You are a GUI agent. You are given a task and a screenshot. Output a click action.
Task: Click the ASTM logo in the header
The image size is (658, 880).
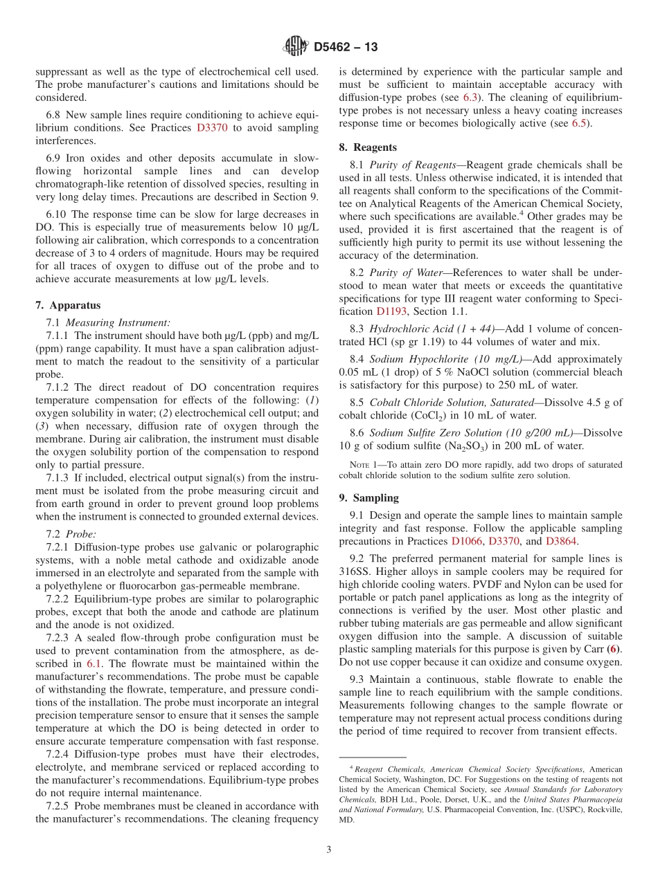coord(296,47)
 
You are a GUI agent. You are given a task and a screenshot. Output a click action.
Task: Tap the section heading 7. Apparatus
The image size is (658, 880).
coord(68,305)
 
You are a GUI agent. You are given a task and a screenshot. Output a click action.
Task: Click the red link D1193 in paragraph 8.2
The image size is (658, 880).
coord(391,311)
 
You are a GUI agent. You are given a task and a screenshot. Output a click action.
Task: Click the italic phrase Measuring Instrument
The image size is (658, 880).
coord(118,322)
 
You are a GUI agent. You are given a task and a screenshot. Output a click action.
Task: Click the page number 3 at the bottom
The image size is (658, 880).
coord(329,850)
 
